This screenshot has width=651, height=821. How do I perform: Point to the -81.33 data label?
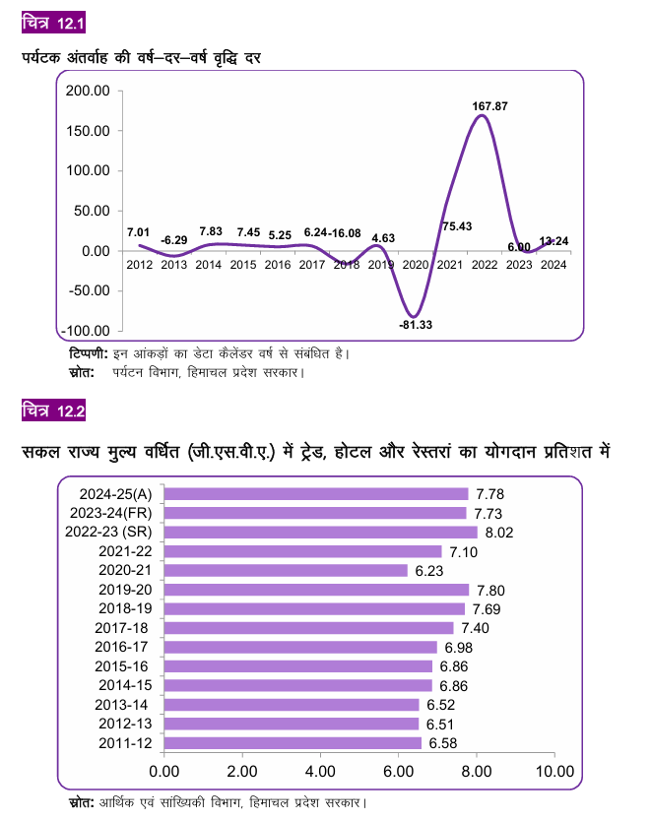click(416, 324)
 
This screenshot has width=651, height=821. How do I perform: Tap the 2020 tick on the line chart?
click(417, 265)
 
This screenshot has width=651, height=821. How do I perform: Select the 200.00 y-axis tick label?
click(85, 91)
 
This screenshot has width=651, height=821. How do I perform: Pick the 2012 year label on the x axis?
click(140, 265)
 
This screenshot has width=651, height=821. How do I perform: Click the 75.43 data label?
click(456, 226)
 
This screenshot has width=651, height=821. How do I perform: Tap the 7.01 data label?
click(139, 231)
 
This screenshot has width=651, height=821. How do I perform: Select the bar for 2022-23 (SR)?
click(319, 533)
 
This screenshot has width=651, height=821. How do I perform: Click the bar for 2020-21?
click(285, 570)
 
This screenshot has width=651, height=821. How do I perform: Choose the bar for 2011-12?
click(292, 743)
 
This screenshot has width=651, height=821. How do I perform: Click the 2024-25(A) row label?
click(110, 494)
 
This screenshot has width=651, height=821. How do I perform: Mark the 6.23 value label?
click(428, 571)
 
